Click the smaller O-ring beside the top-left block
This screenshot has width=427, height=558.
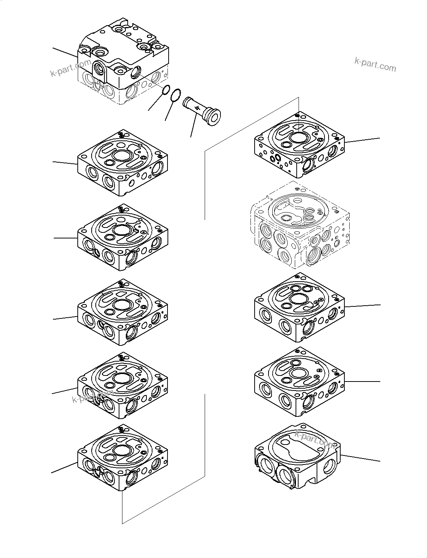[x=164, y=90]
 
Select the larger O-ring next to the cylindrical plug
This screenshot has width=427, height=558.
[x=176, y=95]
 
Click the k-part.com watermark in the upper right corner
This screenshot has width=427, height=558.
[x=375, y=65]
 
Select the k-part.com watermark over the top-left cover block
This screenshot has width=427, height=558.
[x=70, y=68]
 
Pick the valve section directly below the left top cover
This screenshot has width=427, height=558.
[x=122, y=163]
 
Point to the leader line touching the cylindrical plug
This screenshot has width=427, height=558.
[x=193, y=126]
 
